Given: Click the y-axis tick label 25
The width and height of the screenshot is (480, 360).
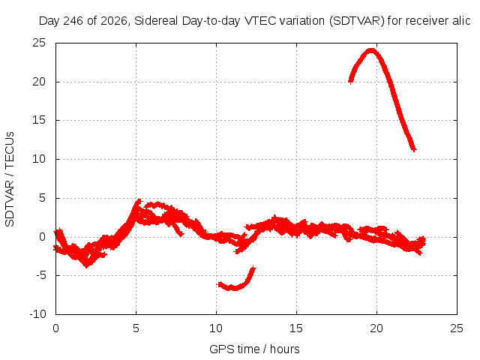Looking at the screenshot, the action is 39,43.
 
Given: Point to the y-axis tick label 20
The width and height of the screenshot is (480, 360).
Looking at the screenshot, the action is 39,82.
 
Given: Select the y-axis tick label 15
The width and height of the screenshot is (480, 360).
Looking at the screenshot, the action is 39,120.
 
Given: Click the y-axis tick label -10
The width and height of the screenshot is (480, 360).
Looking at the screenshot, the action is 37,314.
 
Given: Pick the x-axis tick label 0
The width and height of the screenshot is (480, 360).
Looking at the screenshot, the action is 55,328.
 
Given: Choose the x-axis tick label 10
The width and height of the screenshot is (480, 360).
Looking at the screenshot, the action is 216,328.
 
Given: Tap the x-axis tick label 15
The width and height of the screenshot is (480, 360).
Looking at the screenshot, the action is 296,328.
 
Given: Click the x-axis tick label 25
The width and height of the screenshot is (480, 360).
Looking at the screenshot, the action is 457,328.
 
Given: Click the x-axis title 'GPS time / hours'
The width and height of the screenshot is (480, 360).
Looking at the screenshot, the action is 254,349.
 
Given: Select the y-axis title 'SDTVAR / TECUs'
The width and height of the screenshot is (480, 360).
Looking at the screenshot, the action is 10,179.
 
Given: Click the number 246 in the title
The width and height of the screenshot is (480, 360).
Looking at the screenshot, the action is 73,21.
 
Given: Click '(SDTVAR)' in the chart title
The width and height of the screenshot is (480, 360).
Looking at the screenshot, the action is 357,21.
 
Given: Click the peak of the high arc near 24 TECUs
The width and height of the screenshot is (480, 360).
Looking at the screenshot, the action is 371,50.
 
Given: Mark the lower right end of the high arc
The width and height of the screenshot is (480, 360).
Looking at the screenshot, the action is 414,150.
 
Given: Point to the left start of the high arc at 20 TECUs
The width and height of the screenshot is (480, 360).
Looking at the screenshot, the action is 350,82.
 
